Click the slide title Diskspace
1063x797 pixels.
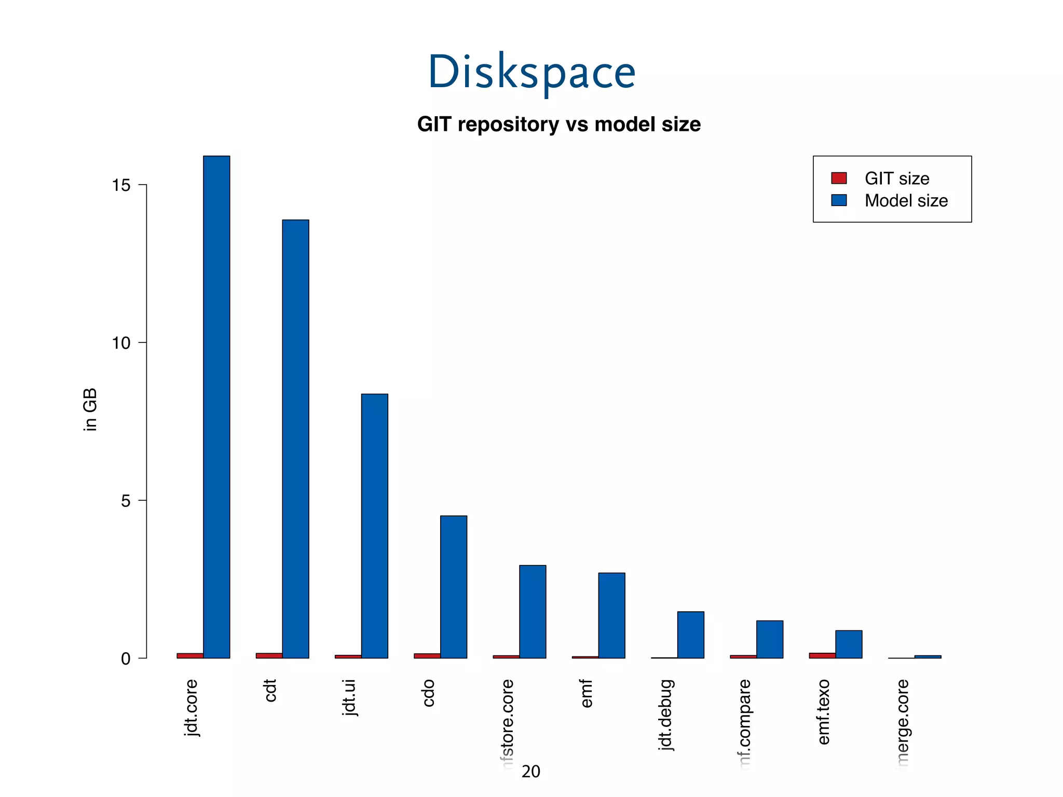(x=531, y=73)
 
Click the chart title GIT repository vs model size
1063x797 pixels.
(x=558, y=125)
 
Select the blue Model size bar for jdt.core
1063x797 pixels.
(x=216, y=407)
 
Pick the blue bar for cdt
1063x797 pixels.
(x=295, y=439)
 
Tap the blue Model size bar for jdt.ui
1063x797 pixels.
(x=374, y=526)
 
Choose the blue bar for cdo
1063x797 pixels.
(x=453, y=586)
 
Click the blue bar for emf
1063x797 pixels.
(x=611, y=615)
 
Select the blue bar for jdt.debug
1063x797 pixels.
(x=690, y=635)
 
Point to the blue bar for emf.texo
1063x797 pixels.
(x=849, y=644)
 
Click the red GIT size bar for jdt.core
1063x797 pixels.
(x=190, y=655)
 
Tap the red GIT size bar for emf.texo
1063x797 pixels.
(x=822, y=655)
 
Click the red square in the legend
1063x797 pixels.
(x=839, y=178)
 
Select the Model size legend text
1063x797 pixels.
(x=906, y=201)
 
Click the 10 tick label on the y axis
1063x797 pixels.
(x=121, y=343)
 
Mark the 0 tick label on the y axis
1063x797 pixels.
(x=126, y=658)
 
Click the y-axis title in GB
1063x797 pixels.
(x=90, y=409)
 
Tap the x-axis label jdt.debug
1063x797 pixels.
(x=665, y=714)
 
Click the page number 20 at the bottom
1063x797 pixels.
(x=530, y=772)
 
